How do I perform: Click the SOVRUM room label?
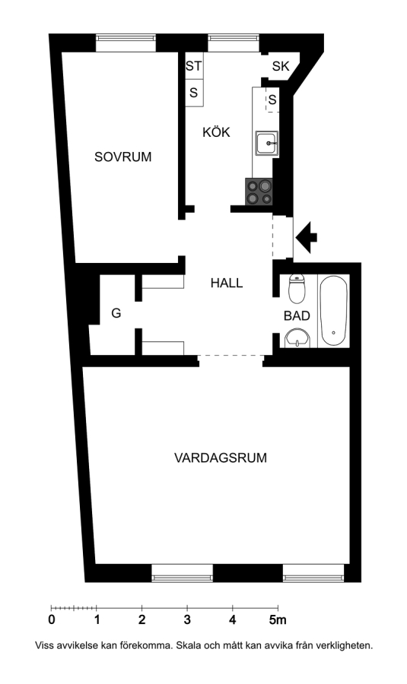point(122,157)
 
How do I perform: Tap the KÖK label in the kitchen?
point(216,131)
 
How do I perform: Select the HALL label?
point(227,283)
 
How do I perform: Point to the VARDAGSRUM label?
point(221,458)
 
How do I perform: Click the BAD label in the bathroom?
point(297,316)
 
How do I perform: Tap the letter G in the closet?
point(116,313)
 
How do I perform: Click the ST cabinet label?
point(193,66)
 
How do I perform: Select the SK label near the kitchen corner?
point(281,66)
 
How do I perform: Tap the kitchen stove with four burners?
point(259,192)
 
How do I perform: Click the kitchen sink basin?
point(267,143)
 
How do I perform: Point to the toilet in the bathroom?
point(297,290)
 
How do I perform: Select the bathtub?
point(334,311)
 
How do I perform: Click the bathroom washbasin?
point(297,339)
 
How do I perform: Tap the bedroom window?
point(126,39)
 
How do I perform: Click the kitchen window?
point(234,39)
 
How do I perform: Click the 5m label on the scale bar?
point(278,620)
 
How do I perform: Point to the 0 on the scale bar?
point(52,620)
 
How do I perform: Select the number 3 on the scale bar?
point(187,620)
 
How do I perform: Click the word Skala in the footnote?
point(188,645)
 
